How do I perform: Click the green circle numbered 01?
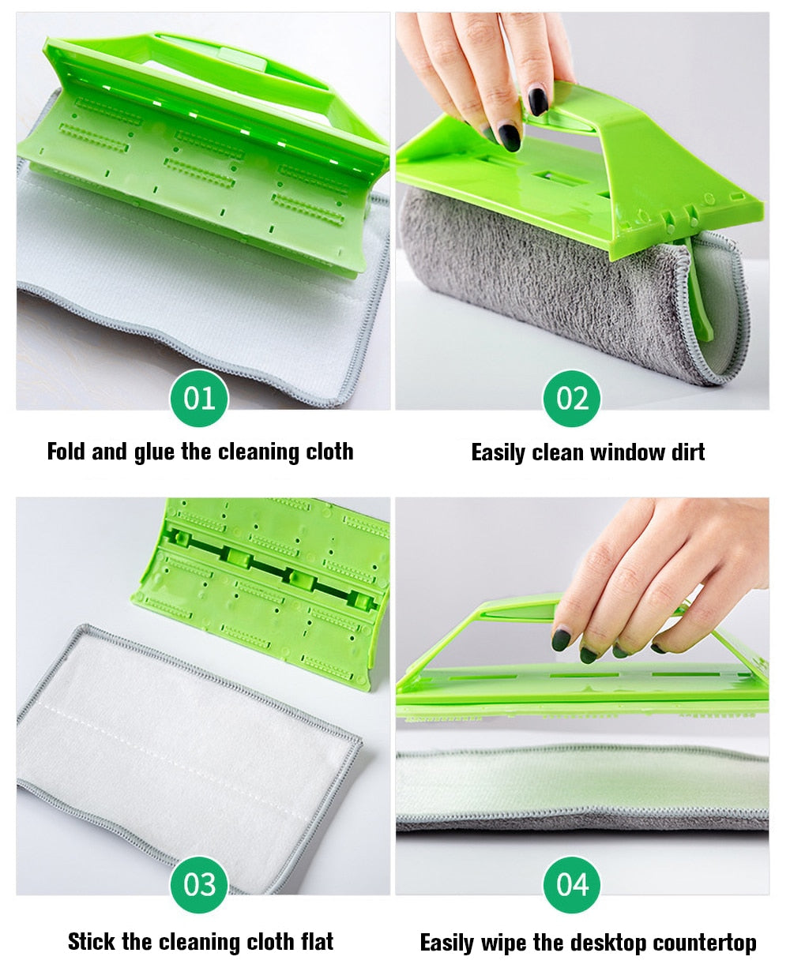click(x=199, y=398)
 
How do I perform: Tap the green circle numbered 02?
click(x=572, y=398)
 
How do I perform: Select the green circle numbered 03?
click(x=199, y=885)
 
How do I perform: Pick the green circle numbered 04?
click(x=572, y=885)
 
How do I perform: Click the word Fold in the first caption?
click(x=66, y=452)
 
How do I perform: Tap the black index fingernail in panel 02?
click(x=538, y=101)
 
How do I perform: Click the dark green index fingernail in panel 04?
click(x=562, y=640)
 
